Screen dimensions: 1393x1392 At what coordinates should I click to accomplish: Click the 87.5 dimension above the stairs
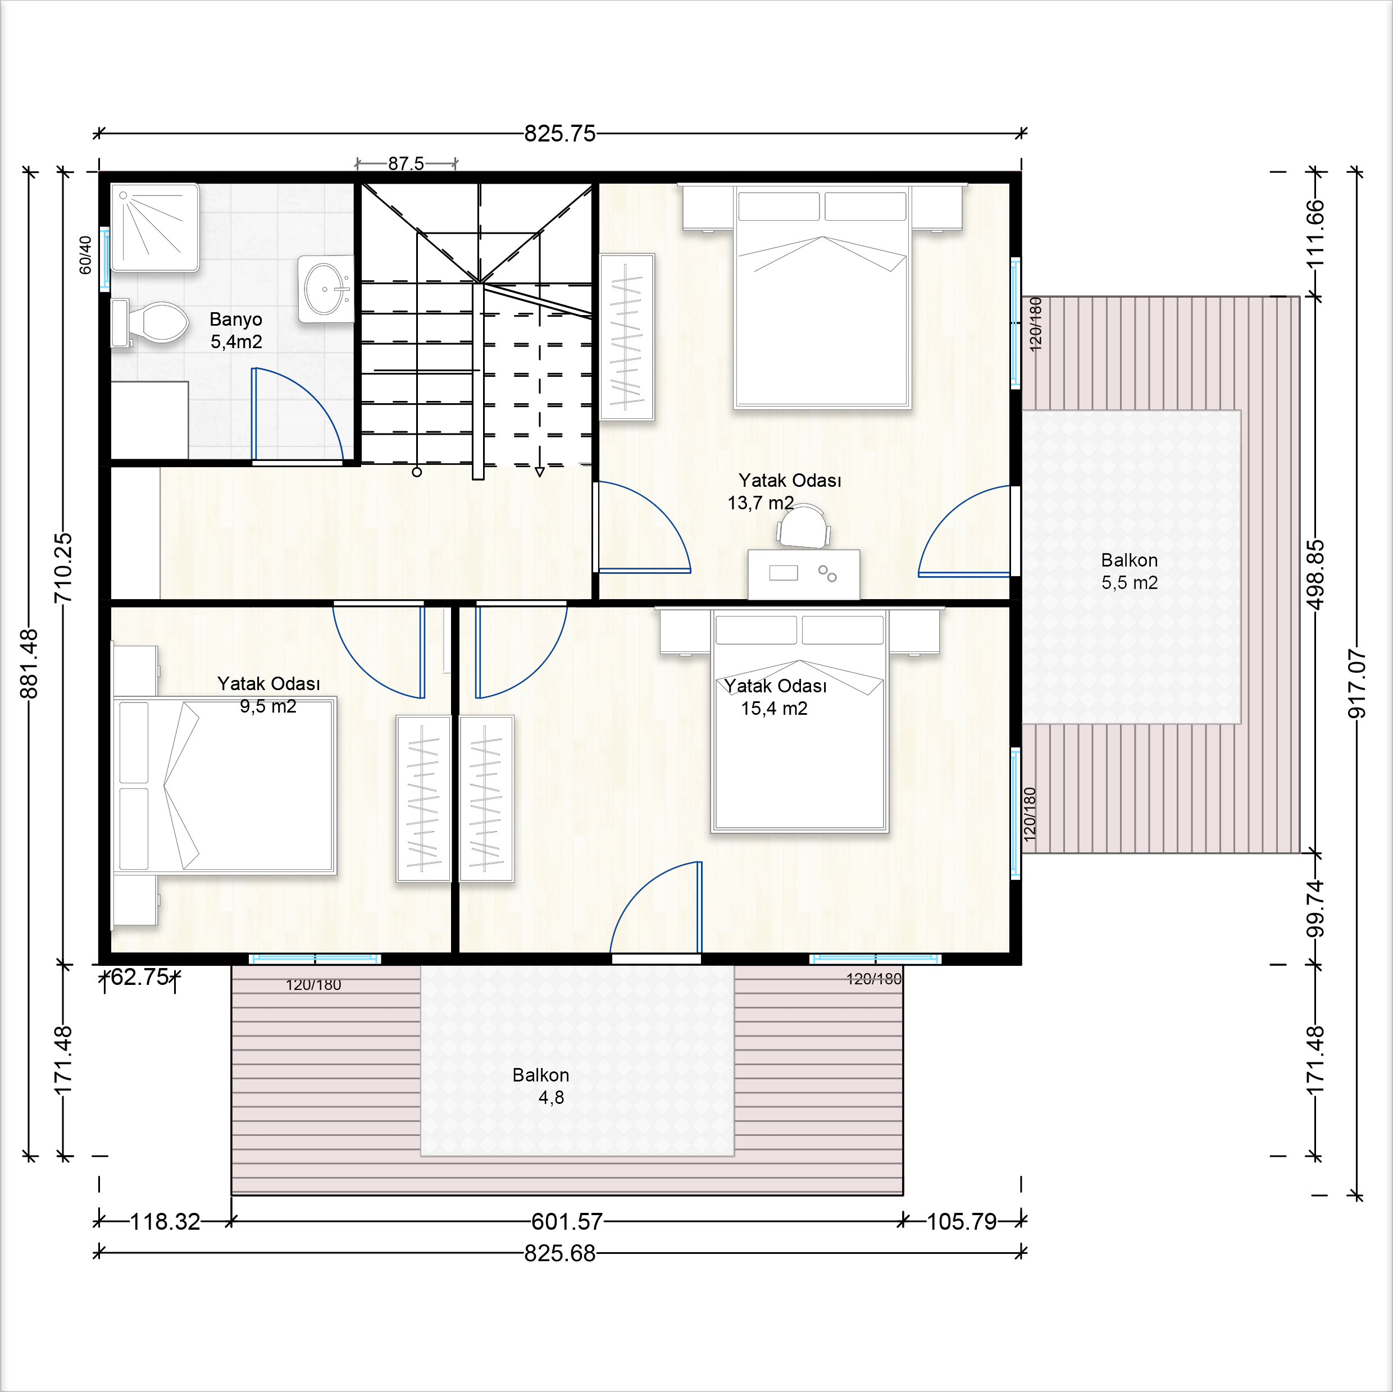tap(406, 163)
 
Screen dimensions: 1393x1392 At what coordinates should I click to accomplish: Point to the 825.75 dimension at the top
tap(559, 134)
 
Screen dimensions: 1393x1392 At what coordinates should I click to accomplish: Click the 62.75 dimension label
tap(139, 977)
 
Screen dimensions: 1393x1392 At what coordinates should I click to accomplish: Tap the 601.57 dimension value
tap(567, 1222)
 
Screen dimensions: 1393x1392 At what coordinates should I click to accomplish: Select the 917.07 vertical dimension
tap(1356, 683)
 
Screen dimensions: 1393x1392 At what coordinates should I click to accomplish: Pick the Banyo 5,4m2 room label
tap(236, 330)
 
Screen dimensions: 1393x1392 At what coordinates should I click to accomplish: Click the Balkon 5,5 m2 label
tap(1129, 571)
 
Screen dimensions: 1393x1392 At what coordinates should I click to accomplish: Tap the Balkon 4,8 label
tap(541, 1085)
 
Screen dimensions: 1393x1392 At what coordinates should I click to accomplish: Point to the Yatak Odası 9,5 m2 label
tap(268, 694)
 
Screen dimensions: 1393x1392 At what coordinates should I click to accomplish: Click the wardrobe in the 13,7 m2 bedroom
tap(627, 337)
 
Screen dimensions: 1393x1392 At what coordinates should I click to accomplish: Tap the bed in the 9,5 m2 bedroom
tap(225, 785)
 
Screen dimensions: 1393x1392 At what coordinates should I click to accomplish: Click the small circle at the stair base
tap(417, 472)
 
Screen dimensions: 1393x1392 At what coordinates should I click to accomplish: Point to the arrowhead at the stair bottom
tap(539, 472)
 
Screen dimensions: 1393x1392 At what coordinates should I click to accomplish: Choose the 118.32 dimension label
tap(165, 1222)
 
